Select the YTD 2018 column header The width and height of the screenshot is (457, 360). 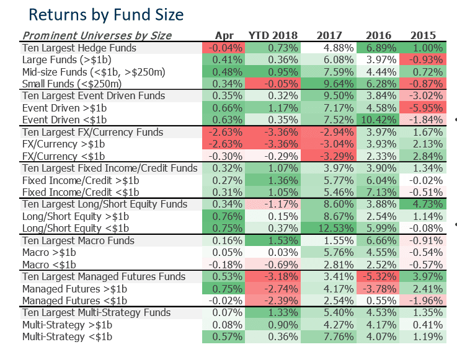point(273,35)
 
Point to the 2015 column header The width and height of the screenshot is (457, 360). point(424,35)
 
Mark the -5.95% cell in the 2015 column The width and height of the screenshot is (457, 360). point(424,108)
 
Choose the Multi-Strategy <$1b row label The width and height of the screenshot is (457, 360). point(68,336)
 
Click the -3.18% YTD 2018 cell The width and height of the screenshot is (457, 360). point(273,276)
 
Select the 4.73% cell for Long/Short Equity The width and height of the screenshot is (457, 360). point(424,204)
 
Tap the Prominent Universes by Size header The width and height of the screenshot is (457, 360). point(97,35)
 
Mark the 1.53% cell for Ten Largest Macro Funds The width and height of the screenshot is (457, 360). point(273,240)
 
